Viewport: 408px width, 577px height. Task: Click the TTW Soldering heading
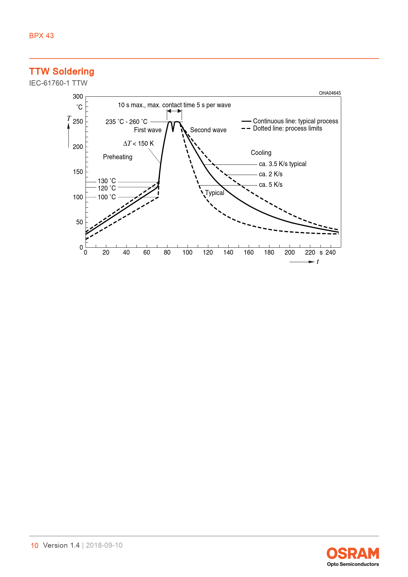pyautogui.click(x=62, y=71)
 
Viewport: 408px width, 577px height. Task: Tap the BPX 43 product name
pyautogui.click(x=41, y=36)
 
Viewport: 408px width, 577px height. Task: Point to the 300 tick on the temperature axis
pyautogui.click(x=78, y=96)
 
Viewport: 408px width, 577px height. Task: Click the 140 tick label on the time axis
pyautogui.click(x=228, y=252)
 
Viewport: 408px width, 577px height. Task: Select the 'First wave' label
pyautogui.click(x=148, y=130)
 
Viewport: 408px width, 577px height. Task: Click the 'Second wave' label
pyautogui.click(x=208, y=130)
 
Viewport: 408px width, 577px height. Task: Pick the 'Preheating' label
pyautogui.click(x=117, y=157)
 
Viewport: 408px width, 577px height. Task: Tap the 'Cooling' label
pyautogui.click(x=261, y=153)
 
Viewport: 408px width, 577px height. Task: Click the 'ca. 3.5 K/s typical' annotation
pyautogui.click(x=282, y=164)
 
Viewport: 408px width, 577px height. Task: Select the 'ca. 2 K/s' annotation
pyautogui.click(x=270, y=174)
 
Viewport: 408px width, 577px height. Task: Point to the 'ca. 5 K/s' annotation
pyautogui.click(x=270, y=185)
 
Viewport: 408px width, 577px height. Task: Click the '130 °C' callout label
pyautogui.click(x=107, y=181)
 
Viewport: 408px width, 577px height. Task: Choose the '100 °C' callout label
pyautogui.click(x=107, y=197)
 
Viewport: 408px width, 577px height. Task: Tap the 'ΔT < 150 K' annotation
pyautogui.click(x=138, y=143)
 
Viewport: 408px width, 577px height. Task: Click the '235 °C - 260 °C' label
pyautogui.click(x=126, y=122)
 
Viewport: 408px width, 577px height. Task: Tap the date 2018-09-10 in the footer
pyautogui.click(x=104, y=545)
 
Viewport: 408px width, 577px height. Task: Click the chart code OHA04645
pyautogui.click(x=330, y=93)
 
